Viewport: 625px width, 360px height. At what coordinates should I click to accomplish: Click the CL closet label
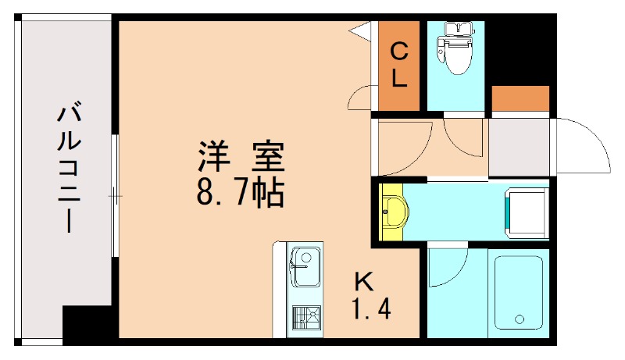[398, 66]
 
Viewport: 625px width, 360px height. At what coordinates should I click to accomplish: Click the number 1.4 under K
[370, 311]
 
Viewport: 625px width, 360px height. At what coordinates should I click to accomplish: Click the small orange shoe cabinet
[520, 100]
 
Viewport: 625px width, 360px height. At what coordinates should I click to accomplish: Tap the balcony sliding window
[114, 195]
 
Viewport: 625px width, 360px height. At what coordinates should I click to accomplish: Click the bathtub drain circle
[518, 319]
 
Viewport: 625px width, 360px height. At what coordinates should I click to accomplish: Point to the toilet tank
[456, 29]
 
